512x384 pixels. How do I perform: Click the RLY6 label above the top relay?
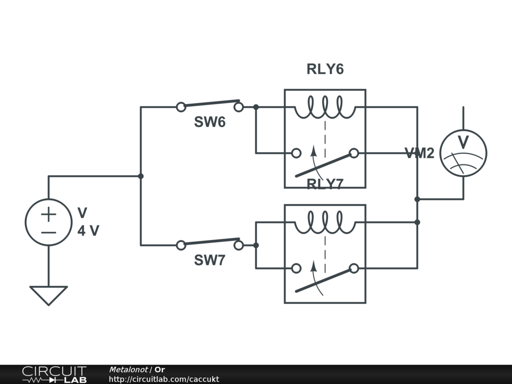(325, 69)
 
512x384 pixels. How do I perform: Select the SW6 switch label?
(209, 122)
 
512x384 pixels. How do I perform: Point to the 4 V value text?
(88, 231)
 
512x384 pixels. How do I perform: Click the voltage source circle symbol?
(48, 222)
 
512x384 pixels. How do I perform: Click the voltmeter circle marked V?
(463, 153)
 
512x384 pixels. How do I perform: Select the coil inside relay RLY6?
(325, 107)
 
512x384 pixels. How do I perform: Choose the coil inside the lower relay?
(325, 223)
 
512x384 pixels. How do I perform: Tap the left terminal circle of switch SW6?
(181, 106)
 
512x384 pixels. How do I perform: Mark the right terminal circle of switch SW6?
(239, 106)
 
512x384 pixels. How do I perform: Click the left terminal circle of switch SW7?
(181, 245)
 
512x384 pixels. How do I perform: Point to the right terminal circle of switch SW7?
(239, 245)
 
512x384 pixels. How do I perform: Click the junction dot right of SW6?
(255, 106)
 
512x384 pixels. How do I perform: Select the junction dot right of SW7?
(255, 245)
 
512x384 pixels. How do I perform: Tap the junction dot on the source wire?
(140, 176)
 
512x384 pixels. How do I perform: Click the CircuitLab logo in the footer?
(54, 374)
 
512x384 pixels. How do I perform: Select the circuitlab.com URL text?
(163, 379)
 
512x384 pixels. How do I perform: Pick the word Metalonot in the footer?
(128, 369)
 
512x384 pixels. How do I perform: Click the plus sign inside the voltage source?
(48, 215)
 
